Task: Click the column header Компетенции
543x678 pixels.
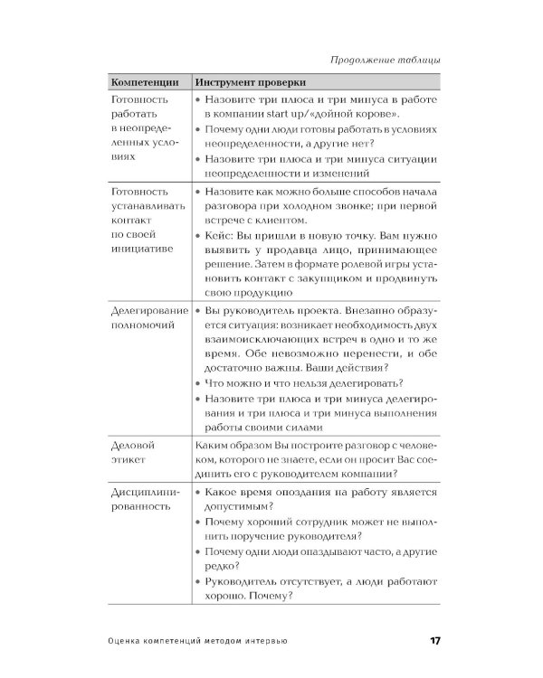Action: (x=145, y=81)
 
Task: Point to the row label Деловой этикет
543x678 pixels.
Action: (x=133, y=454)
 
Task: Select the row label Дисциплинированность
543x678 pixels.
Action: (x=145, y=499)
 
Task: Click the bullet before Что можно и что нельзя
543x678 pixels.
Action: (x=198, y=383)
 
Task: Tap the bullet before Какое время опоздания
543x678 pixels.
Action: (x=198, y=493)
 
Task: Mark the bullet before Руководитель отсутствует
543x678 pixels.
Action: (x=198, y=580)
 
